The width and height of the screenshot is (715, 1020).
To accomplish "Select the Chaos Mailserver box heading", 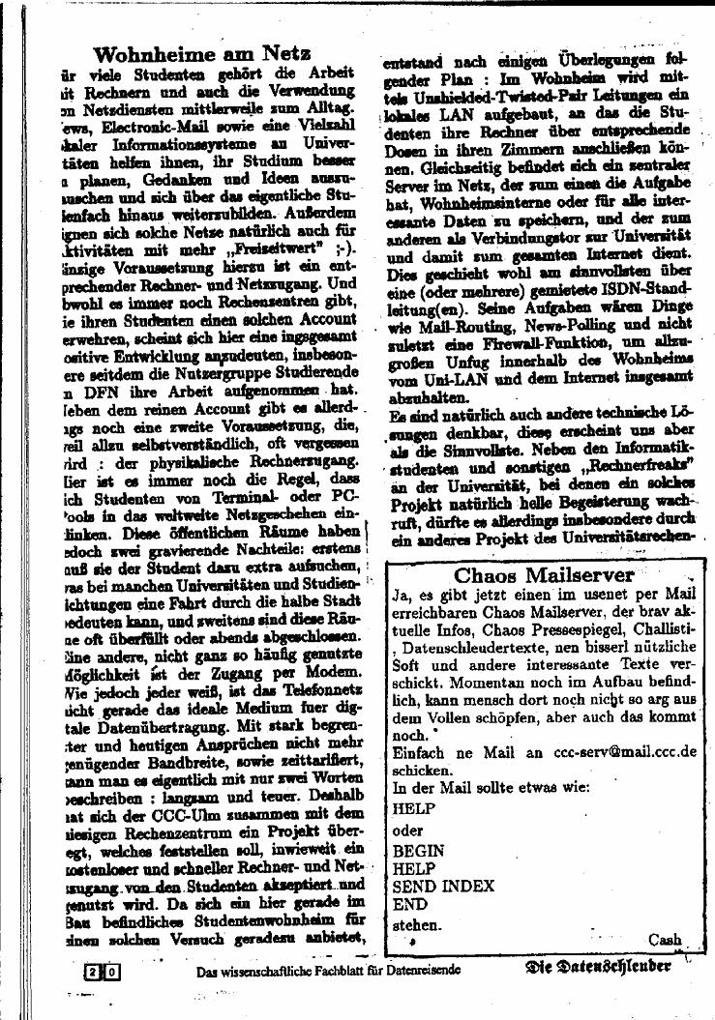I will pos(544,574).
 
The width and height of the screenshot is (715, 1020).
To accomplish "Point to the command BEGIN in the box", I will pos(419,851).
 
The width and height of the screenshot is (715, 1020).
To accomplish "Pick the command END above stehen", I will pos(409,905).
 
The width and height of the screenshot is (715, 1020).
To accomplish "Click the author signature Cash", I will pos(665,939).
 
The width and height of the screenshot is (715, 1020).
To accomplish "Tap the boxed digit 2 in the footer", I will pos(92,971).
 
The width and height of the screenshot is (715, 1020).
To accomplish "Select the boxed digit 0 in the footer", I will pos(111,971).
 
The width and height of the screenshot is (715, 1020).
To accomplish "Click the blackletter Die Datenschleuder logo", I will pos(599,968).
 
